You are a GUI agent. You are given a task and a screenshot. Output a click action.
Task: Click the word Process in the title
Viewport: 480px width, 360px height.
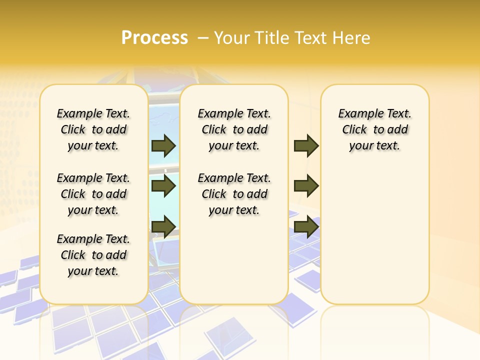point(154,37)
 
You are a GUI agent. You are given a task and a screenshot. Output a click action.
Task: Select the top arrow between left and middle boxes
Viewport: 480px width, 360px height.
point(163,145)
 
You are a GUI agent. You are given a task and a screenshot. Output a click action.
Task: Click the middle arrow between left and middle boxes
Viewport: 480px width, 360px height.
point(163,186)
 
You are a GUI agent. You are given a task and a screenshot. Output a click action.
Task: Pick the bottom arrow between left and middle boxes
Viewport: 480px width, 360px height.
point(163,226)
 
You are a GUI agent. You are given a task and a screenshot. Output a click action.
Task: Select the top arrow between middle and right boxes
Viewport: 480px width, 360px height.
point(306,145)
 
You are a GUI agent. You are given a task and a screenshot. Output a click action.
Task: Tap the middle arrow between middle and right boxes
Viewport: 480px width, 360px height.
point(306,186)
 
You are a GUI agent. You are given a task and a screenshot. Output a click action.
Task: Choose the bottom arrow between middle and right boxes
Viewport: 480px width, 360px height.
point(306,226)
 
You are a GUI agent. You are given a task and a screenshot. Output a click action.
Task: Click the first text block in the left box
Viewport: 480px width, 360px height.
point(93,129)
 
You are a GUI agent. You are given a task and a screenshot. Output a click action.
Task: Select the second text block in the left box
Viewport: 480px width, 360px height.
point(93,194)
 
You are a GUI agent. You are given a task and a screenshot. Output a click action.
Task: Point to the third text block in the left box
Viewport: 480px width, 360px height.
point(93,255)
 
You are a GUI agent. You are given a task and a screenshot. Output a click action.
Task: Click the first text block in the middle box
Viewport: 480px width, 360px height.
point(234,129)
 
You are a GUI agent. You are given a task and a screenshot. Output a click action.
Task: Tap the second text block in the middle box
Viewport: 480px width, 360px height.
point(234,194)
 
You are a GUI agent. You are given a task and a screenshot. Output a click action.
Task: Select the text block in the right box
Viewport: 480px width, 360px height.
point(375,129)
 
